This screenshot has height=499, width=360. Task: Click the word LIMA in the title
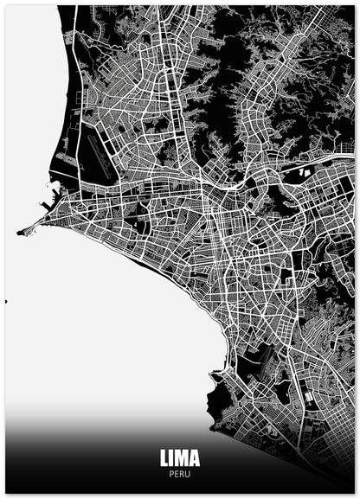pyautogui.click(x=179, y=457)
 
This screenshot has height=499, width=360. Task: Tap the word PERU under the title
pyautogui.click(x=179, y=473)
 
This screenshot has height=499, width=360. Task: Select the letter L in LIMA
pyautogui.click(x=164, y=457)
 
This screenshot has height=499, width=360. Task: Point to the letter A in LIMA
pyautogui.click(x=194, y=457)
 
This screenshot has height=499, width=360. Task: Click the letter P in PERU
pyautogui.click(x=171, y=473)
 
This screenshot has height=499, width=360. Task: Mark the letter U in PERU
pyautogui.click(x=188, y=473)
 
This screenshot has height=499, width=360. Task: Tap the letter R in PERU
pyautogui.click(x=182, y=473)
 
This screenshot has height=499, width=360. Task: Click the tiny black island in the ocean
pyautogui.click(x=5, y=302)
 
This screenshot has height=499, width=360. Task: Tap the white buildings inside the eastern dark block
pyautogui.click(x=304, y=172)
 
